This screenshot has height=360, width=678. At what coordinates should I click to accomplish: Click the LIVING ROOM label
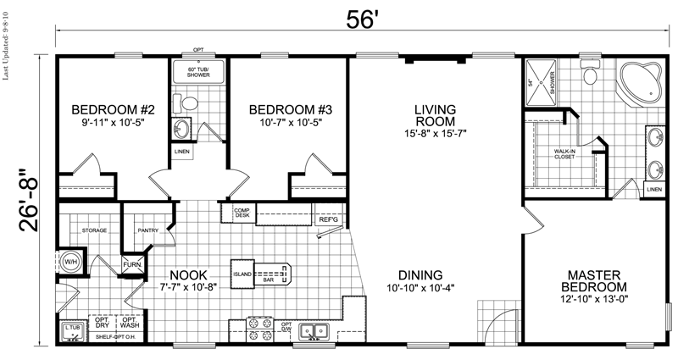point(436,115)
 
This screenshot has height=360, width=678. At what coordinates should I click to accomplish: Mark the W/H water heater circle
point(68,261)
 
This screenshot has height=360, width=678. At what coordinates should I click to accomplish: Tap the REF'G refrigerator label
point(328,220)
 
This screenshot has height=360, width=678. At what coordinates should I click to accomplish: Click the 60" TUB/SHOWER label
point(197,71)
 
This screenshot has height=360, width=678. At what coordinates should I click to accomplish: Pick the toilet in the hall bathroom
point(190,103)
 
